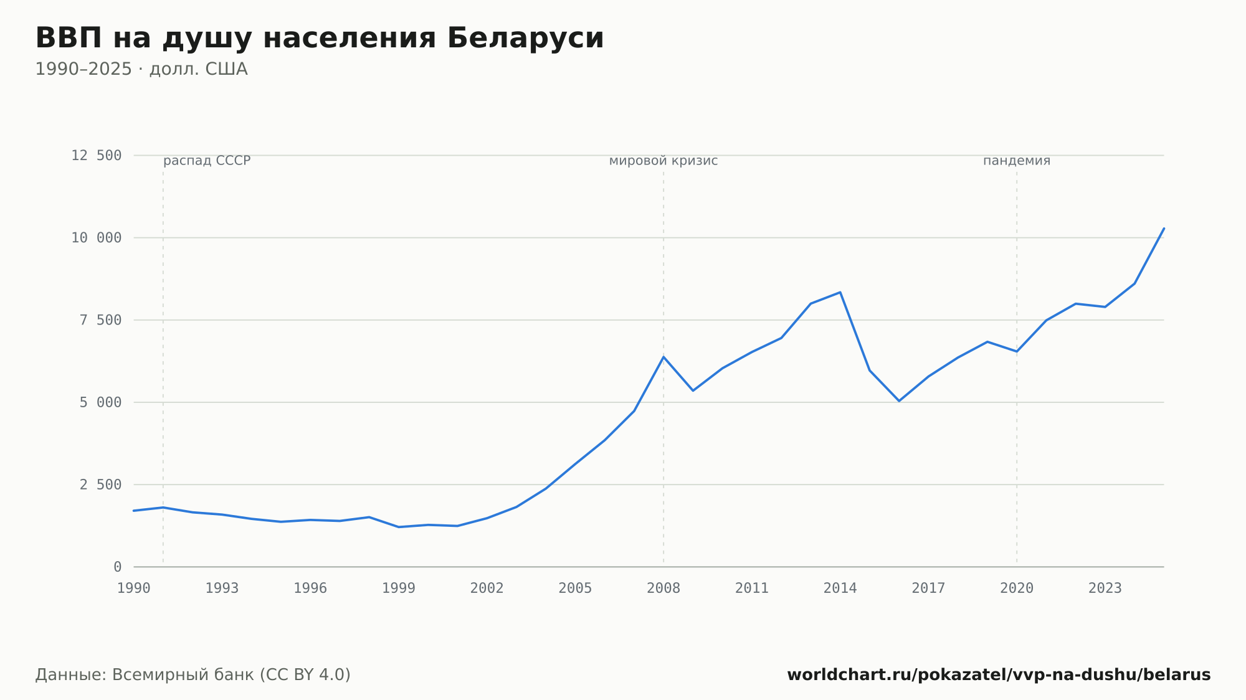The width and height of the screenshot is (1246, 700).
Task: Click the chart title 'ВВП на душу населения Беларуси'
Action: pos(320,39)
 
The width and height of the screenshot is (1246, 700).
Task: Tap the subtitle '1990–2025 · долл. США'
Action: pos(141,69)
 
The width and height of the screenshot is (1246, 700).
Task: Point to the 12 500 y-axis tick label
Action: pos(96,156)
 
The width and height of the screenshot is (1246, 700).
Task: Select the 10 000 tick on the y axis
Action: pos(96,238)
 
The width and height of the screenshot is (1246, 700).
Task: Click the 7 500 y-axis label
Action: pos(100,320)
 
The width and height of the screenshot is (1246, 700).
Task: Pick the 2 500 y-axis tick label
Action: pos(100,485)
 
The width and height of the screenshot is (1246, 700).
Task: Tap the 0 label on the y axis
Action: pos(118,567)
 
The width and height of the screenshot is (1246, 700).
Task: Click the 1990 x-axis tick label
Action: pos(134,589)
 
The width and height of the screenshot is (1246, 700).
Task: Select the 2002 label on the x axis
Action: pos(487,589)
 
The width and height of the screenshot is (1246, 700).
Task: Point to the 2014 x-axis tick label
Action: pos(840,589)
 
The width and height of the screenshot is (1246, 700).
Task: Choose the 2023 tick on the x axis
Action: pos(1105,589)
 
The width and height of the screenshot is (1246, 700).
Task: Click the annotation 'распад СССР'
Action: pos(207,161)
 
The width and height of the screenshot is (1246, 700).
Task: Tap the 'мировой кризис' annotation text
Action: pos(663,161)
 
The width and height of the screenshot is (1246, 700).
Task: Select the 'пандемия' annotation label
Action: pos(1017,161)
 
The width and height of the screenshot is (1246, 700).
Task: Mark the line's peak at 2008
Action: pos(663,357)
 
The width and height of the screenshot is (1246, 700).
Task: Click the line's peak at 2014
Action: pos(840,292)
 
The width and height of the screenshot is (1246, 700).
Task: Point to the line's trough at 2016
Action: pos(899,400)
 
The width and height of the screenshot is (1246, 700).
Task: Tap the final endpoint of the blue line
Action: pos(1164,229)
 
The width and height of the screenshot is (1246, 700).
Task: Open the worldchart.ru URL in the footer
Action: pos(999,675)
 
